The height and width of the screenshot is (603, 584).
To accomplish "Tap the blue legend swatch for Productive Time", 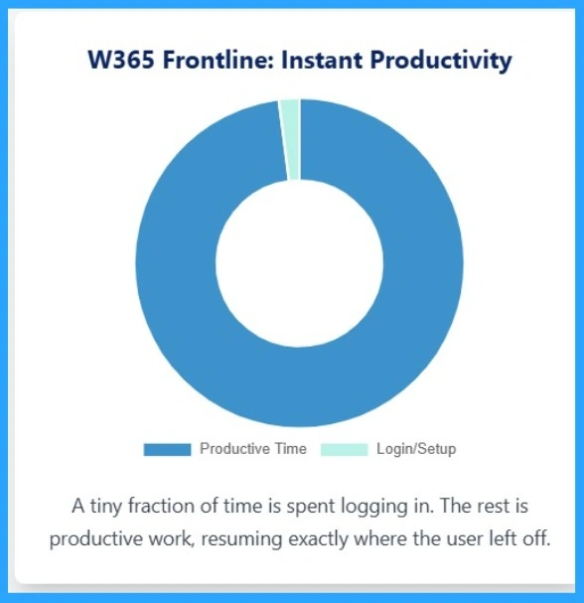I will (x=167, y=450).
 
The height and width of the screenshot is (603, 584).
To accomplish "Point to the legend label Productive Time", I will (x=253, y=449).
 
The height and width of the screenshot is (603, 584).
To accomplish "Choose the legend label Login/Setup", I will (x=416, y=449).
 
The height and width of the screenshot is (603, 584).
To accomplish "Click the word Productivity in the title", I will (x=440, y=61).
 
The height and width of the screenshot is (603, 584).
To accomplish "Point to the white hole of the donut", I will (x=299, y=263).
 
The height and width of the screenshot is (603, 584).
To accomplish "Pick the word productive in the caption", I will (x=92, y=539).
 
